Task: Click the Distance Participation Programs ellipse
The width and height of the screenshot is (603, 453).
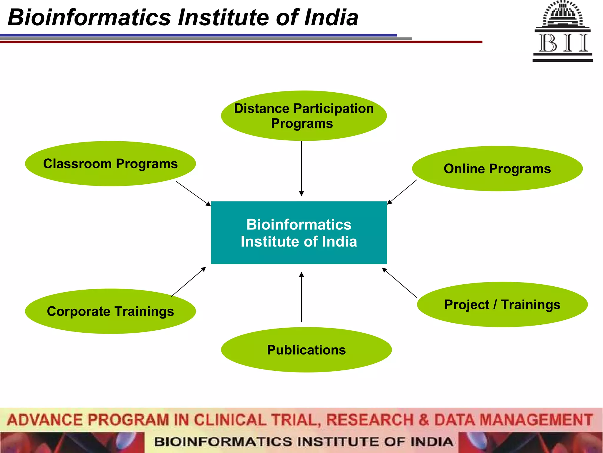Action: pyautogui.click(x=304, y=116)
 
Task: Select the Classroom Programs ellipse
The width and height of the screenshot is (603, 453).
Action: pyautogui.click(x=110, y=164)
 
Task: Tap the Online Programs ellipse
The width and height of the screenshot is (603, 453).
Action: pyautogui.click(x=497, y=169)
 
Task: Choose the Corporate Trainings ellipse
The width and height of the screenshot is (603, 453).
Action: pyautogui.click(x=110, y=311)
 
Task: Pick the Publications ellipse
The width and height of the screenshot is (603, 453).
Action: pyautogui.click(x=306, y=350)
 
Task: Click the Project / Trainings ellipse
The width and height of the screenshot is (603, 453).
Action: pyautogui.click(x=502, y=304)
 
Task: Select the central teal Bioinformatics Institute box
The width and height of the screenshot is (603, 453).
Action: pyautogui.click(x=299, y=233)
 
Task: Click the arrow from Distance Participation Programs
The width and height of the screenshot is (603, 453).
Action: pyautogui.click(x=301, y=168)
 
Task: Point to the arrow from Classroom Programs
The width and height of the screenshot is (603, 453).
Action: pyautogui.click(x=193, y=193)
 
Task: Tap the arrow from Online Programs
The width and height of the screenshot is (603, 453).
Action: pyautogui.click(x=402, y=192)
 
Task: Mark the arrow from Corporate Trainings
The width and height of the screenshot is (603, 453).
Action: pyautogui.click(x=188, y=282)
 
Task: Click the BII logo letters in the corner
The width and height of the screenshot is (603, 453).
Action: pyautogui.click(x=563, y=43)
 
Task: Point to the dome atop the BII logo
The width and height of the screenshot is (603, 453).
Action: pyautogui.click(x=563, y=13)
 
